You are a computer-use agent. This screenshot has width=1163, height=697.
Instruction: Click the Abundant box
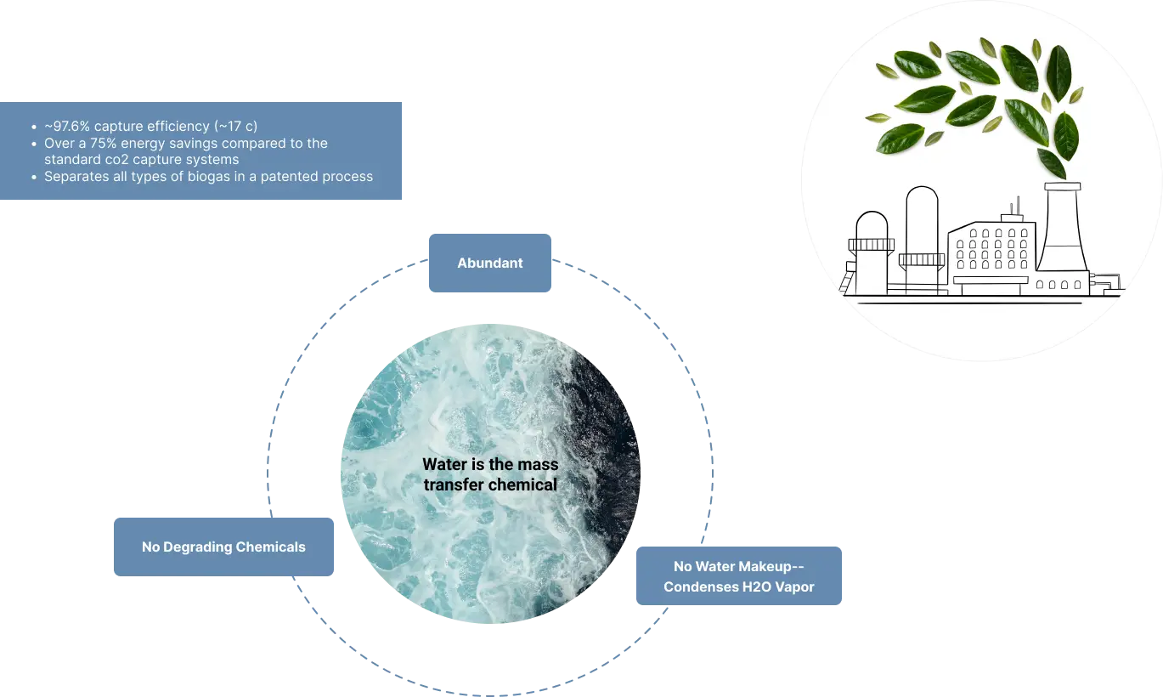pos(491,263)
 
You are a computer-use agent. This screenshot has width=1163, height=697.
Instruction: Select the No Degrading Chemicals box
pos(223,547)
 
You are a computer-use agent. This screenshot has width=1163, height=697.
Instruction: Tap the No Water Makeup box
pos(737,575)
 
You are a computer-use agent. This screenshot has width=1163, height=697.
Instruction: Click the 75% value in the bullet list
pos(104,143)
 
